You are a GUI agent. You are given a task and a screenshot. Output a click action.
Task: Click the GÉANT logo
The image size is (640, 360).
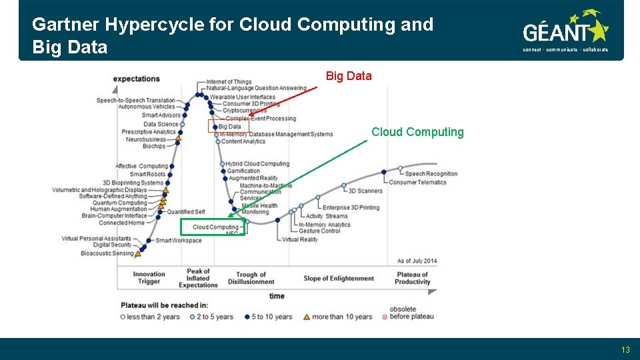[565, 30]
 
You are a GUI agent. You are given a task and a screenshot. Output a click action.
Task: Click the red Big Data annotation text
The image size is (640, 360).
[349, 76]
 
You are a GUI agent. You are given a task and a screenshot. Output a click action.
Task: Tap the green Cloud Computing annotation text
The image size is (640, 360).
[417, 132]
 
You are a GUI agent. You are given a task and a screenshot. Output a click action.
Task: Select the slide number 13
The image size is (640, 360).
[625, 349]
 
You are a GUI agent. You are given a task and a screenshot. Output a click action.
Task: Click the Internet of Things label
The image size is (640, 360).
[229, 82]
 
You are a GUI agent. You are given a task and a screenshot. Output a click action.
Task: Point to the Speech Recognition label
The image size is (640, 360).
[431, 174]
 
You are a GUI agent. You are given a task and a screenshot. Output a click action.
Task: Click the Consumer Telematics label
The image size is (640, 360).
[417, 182]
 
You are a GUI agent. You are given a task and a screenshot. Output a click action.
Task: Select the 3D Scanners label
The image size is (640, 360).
[365, 191]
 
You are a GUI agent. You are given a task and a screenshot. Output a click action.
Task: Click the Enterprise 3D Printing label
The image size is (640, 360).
[351, 207]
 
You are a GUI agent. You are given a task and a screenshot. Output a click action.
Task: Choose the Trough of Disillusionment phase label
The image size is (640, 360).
[251, 278]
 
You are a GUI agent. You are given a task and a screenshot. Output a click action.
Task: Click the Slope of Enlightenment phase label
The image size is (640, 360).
[339, 279]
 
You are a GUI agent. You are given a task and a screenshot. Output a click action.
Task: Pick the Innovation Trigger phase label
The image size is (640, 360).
[149, 278]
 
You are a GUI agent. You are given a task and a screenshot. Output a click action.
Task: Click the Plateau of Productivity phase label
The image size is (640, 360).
[412, 278]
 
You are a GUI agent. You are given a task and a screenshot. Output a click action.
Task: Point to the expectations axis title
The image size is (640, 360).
[136, 79]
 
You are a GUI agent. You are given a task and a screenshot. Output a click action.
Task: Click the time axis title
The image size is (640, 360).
[277, 296]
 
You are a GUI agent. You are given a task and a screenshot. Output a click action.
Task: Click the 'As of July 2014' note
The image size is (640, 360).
[417, 261]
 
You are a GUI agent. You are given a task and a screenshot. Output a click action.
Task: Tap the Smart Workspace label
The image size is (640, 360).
[178, 241]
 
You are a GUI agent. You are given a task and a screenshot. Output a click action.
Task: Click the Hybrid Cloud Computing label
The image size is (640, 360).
[257, 164]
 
